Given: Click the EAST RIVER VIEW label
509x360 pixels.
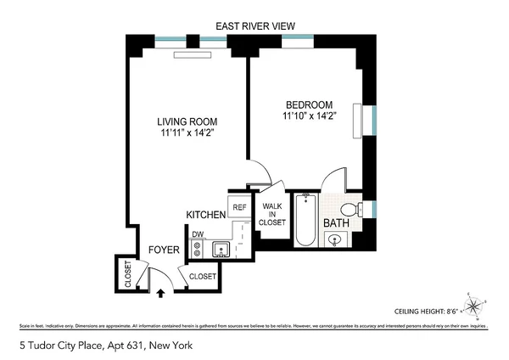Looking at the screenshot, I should click(254, 27).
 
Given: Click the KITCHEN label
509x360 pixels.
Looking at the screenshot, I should click(206, 216).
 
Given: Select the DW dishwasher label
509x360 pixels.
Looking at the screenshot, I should click(197, 233).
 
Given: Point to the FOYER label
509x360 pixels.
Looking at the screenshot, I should click(164, 250).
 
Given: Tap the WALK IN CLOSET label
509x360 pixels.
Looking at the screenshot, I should click(272, 217).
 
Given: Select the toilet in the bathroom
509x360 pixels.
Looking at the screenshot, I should click(349, 209).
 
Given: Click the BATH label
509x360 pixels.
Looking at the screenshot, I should click(336, 222).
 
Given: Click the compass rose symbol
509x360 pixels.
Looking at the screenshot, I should click(473, 306).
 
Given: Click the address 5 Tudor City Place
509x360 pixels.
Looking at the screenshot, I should click(82, 346).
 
